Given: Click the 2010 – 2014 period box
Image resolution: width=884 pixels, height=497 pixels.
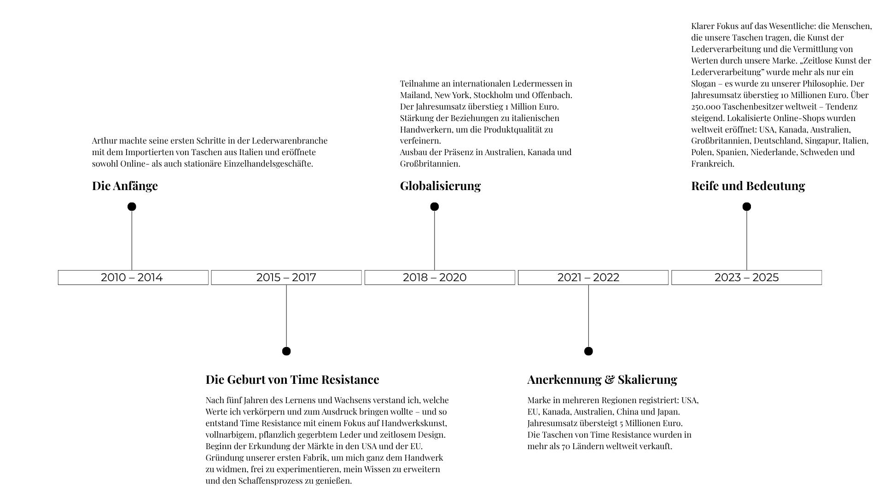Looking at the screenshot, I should click(x=133, y=277).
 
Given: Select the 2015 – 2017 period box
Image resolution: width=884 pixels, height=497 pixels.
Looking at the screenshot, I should click(x=286, y=277).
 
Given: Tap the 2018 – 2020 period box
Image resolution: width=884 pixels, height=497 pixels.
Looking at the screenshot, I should click(x=439, y=277).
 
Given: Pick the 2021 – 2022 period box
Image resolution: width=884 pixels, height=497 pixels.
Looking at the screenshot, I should click(x=593, y=277).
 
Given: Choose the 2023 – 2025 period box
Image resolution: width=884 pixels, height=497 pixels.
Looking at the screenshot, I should click(x=746, y=277).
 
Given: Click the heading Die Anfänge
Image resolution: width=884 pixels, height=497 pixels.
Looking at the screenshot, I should click(x=125, y=186).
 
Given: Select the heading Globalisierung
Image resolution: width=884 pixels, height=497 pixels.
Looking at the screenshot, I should click(x=440, y=186).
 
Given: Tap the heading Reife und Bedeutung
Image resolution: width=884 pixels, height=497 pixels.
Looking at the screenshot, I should click(x=748, y=186).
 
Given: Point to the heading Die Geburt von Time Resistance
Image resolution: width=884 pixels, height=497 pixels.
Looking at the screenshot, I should click(x=292, y=380).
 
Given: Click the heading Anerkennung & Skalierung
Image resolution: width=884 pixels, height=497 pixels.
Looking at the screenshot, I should click(x=602, y=380).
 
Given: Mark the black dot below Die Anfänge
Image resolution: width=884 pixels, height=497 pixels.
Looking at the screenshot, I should click(x=132, y=207).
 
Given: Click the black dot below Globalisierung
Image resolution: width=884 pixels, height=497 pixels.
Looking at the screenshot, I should click(x=434, y=207).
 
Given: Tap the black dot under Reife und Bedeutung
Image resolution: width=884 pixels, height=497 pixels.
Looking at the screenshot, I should click(x=746, y=207).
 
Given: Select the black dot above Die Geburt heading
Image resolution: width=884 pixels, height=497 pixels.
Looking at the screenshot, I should click(x=286, y=351).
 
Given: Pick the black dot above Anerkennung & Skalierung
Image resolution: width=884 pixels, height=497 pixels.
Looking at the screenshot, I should click(x=588, y=351).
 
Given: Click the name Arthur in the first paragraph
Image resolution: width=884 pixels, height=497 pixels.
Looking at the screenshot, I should click(x=104, y=141).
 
